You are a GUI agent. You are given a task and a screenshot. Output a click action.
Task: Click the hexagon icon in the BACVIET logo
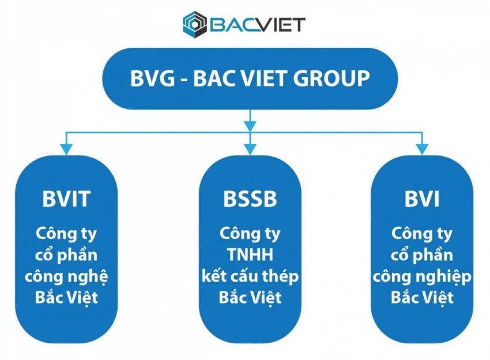click(x=194, y=24)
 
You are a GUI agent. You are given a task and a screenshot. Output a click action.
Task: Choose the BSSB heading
click(x=250, y=199)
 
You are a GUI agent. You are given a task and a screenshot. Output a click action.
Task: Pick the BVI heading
click(x=422, y=199)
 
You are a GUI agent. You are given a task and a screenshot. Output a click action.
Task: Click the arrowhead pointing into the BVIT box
click(x=67, y=149)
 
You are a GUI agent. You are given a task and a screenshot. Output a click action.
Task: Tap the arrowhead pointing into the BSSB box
click(x=250, y=149)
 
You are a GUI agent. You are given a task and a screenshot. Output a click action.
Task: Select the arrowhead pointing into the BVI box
click(x=422, y=149)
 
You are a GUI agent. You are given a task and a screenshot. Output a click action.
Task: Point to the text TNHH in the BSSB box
click(x=250, y=255)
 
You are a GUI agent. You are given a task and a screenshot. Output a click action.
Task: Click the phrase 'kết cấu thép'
click(x=250, y=276)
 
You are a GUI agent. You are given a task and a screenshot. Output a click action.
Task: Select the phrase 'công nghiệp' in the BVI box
click(x=422, y=277)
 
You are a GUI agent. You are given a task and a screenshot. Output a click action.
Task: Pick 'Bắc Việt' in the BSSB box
click(x=250, y=298)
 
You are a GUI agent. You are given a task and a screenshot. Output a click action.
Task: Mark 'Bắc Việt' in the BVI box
click(x=422, y=298)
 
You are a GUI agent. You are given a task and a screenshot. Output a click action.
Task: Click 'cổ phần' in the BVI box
click(x=422, y=255)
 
